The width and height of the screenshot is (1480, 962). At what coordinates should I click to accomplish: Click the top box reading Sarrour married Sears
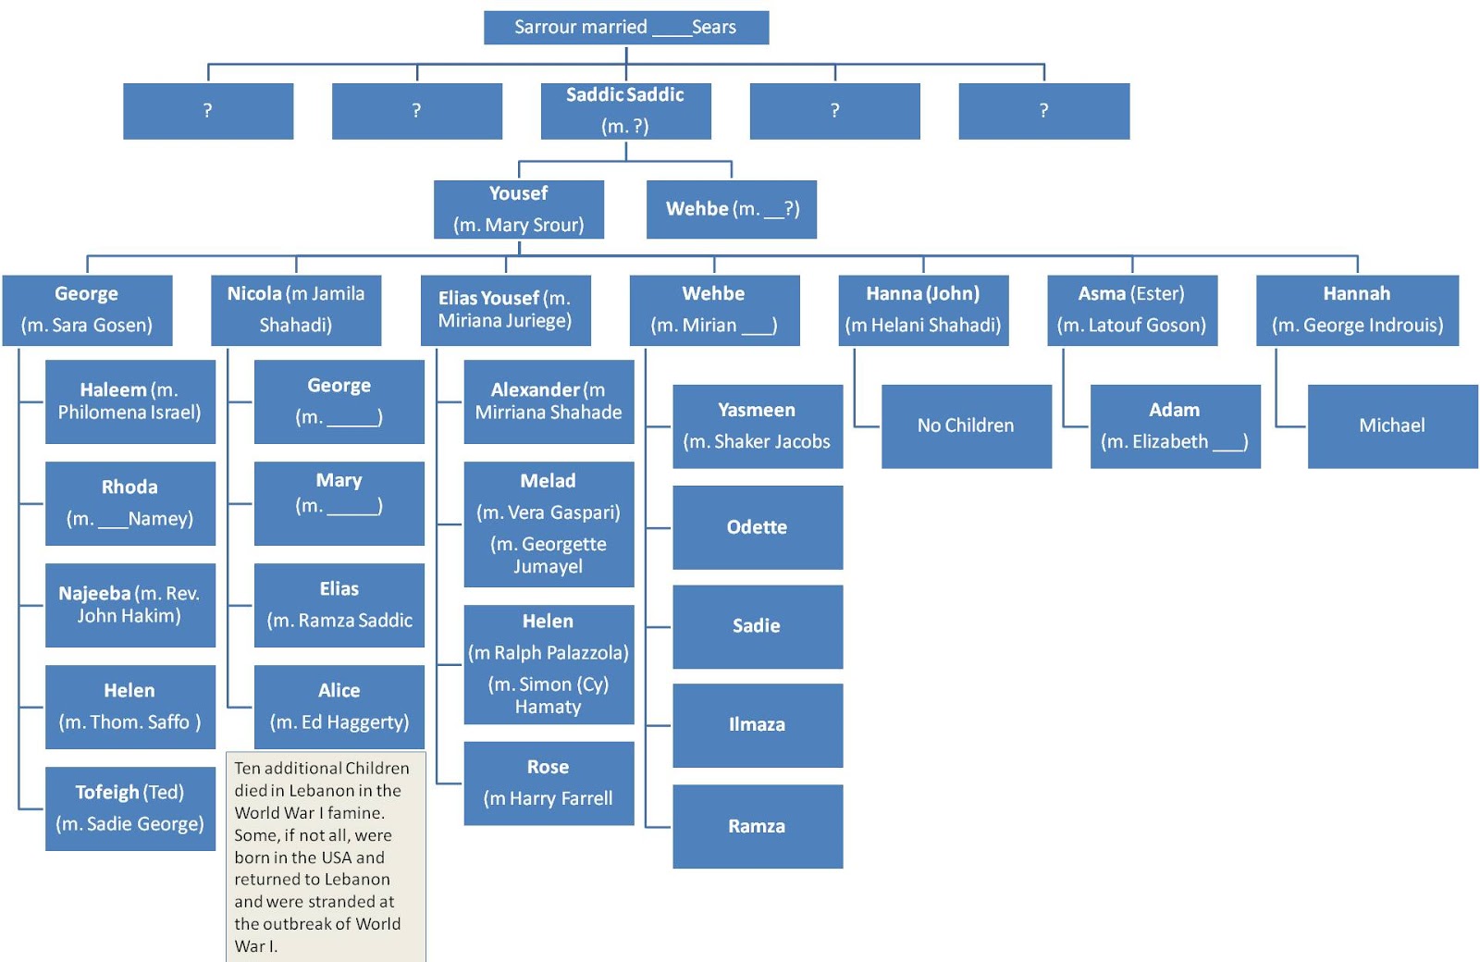626,28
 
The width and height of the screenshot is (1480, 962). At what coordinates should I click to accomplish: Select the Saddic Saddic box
625,110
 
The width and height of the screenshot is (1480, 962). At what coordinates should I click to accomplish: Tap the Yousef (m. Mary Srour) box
518,209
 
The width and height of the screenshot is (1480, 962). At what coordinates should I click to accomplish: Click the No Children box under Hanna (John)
966,425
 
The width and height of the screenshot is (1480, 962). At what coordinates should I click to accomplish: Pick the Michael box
1391,425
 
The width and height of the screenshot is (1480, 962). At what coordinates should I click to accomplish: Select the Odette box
757,527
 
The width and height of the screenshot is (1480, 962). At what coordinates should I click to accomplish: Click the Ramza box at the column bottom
757,826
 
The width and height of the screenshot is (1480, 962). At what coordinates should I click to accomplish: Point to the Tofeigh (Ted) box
129,808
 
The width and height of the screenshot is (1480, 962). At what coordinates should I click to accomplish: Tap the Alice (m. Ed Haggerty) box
339,706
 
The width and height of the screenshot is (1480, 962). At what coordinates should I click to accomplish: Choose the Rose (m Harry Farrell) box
548,783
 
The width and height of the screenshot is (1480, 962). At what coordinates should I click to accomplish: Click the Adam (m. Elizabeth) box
1174,425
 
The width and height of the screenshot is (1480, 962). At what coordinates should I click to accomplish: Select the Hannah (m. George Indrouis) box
1356,310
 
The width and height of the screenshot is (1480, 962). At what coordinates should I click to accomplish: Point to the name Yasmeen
757,410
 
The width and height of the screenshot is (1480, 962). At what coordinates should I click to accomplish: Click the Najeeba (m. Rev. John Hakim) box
129,605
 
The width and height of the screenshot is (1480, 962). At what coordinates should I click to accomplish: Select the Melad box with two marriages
548,524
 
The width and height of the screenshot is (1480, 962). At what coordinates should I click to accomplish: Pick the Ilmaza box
757,724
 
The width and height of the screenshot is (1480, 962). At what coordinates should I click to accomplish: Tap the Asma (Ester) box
1131,310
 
